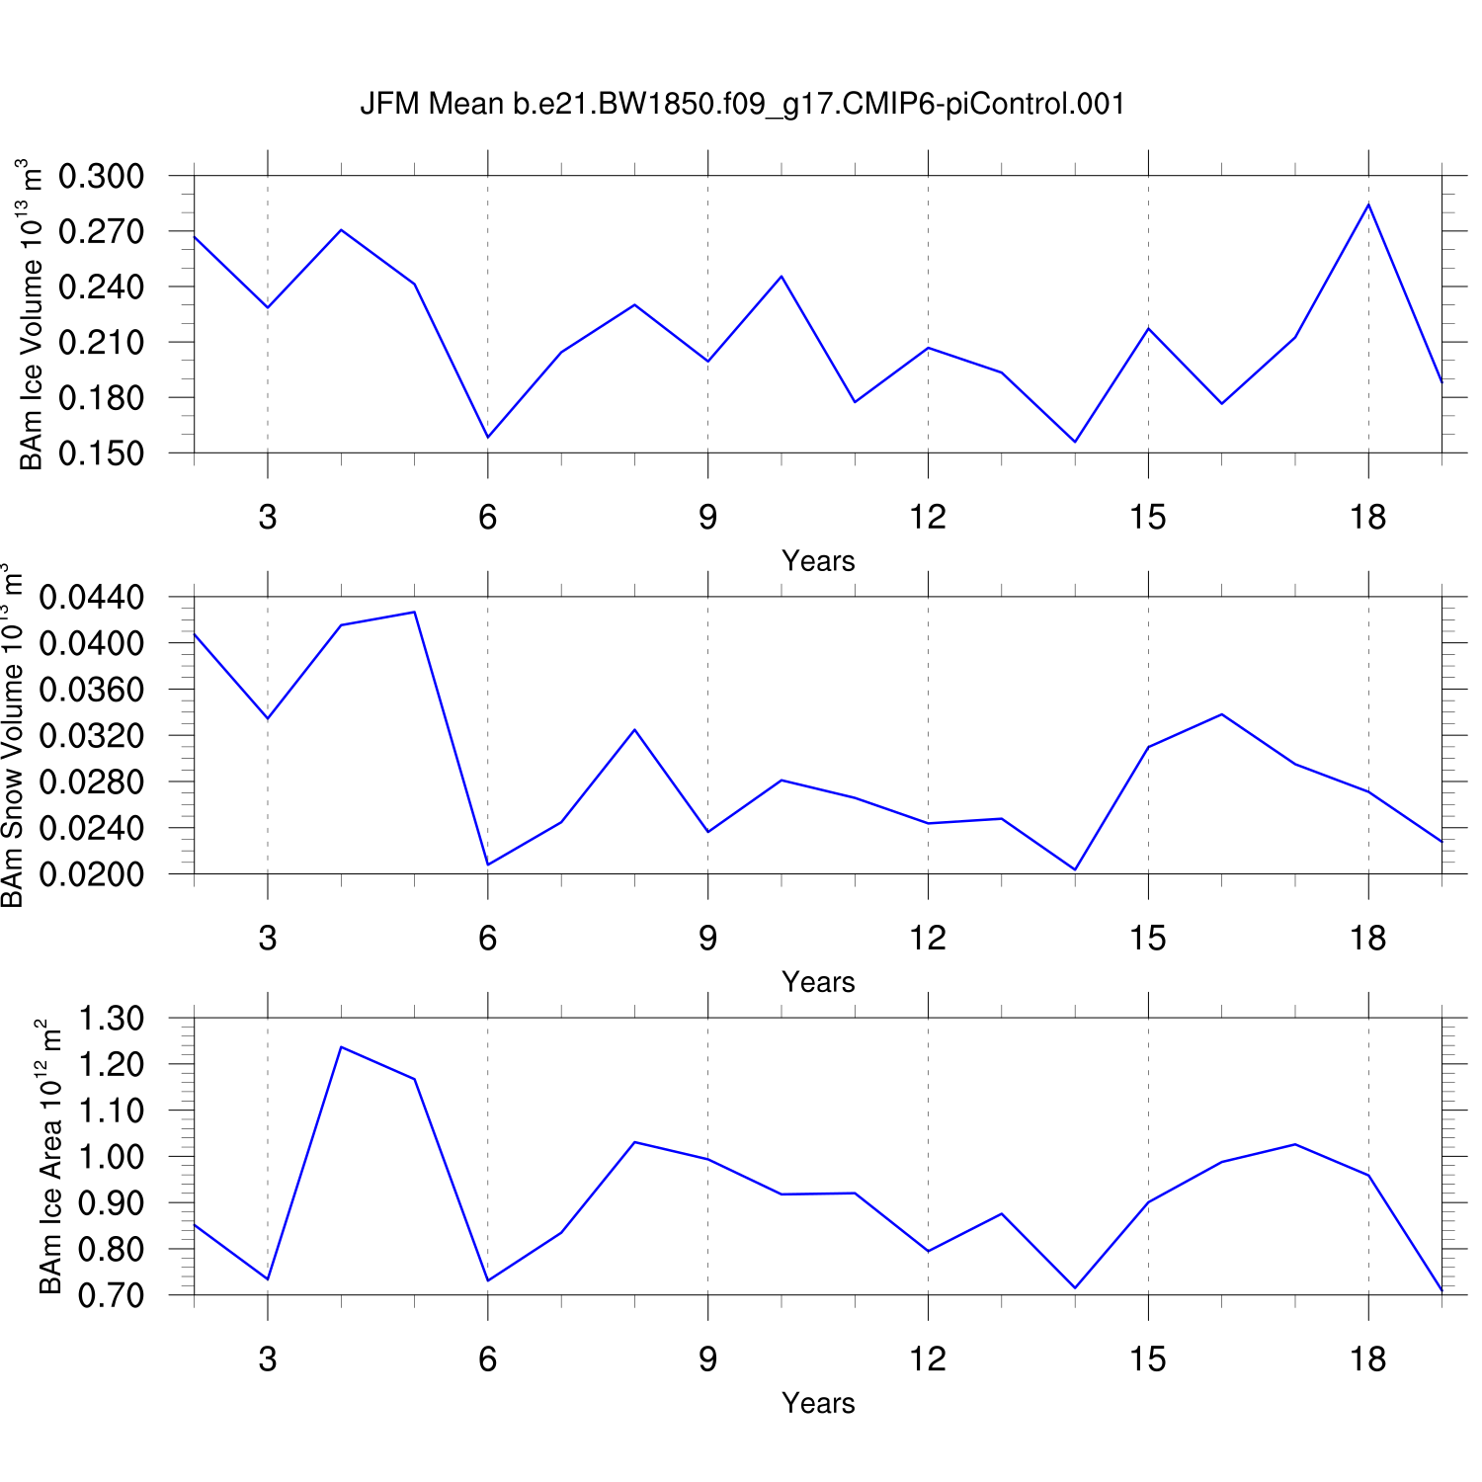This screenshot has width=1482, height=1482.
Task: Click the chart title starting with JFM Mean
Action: [742, 104]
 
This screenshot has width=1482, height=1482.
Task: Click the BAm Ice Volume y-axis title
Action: [32, 314]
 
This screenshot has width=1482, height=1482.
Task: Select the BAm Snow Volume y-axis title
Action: [12, 735]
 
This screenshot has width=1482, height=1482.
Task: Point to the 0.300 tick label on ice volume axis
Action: [101, 177]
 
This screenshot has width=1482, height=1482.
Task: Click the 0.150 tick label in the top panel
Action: [101, 453]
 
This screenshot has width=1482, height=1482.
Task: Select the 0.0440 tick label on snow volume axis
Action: [91, 598]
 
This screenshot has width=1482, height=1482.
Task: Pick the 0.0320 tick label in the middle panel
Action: [91, 736]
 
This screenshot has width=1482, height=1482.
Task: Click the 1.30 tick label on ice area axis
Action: [111, 1019]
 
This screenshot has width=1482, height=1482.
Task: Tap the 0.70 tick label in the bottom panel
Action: [111, 1295]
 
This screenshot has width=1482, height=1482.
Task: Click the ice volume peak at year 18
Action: [1368, 204]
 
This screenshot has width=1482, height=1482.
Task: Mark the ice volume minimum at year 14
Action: [1075, 442]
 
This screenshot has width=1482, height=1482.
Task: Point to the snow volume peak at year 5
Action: [414, 612]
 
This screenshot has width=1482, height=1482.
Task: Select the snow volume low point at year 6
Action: [488, 864]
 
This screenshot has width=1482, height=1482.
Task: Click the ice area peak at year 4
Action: [341, 1046]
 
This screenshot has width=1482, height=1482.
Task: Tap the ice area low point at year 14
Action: [1075, 1287]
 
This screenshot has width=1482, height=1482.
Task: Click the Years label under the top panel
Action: [818, 561]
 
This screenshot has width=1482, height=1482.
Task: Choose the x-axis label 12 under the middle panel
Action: [928, 938]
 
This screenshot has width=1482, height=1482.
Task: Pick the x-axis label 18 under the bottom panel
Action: [1368, 1359]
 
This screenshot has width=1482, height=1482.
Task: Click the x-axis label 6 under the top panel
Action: [488, 517]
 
